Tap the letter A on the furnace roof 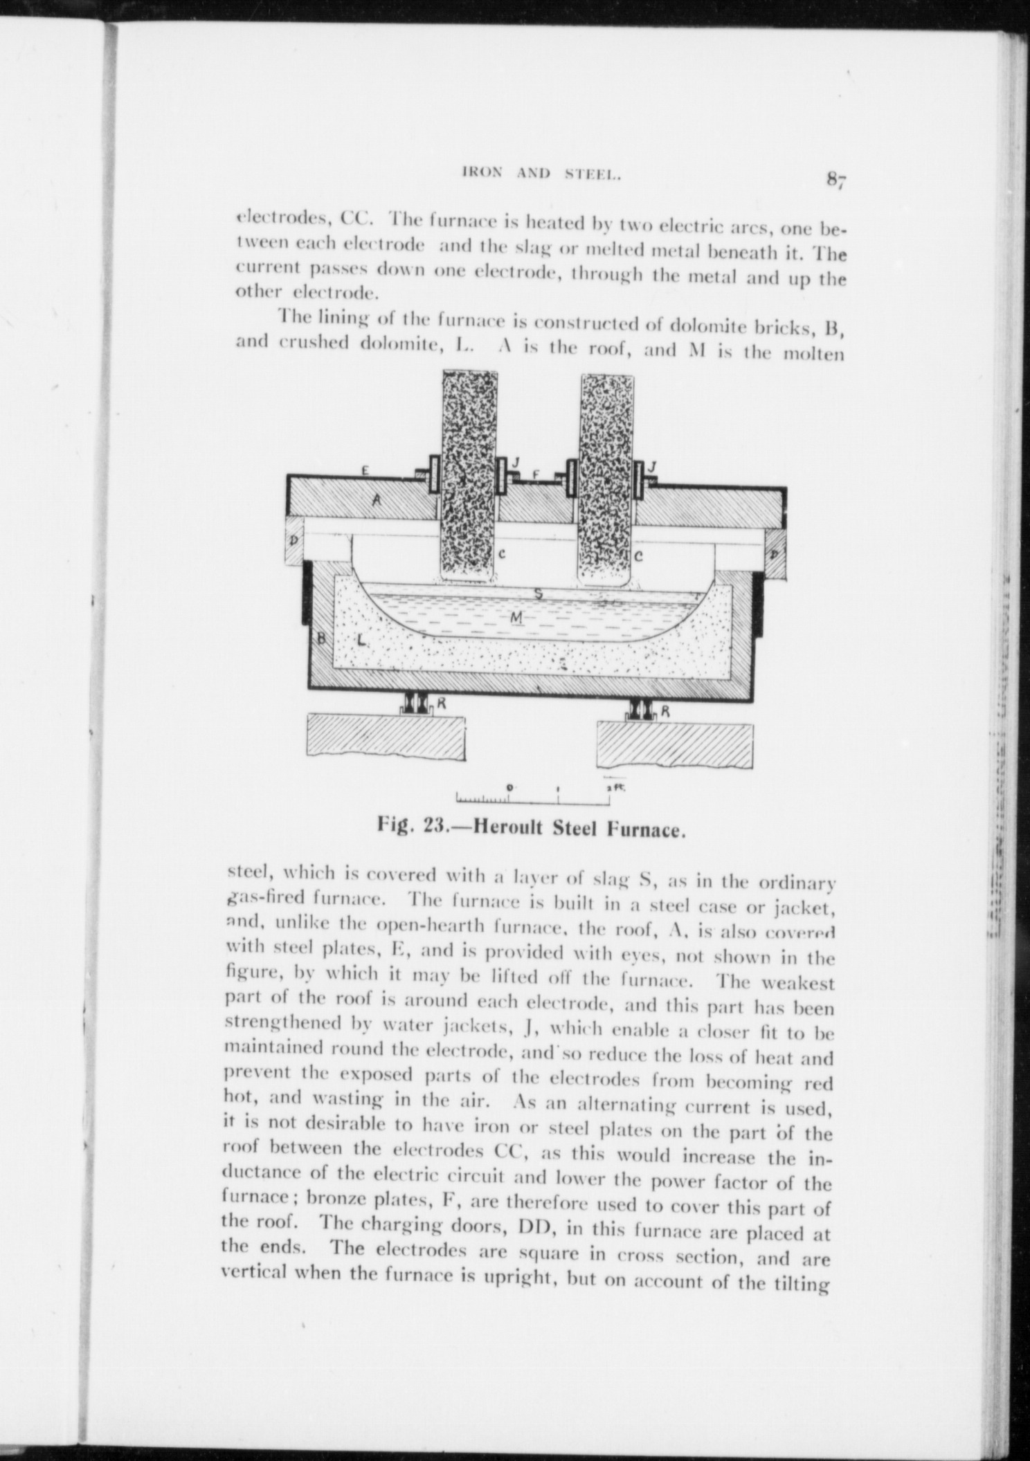pos(377,502)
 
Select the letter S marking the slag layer pos(538,594)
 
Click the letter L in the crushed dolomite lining pos(361,640)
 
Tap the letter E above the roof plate pos(365,470)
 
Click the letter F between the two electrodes pos(535,475)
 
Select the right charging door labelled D pos(775,555)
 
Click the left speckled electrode pos(469,470)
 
